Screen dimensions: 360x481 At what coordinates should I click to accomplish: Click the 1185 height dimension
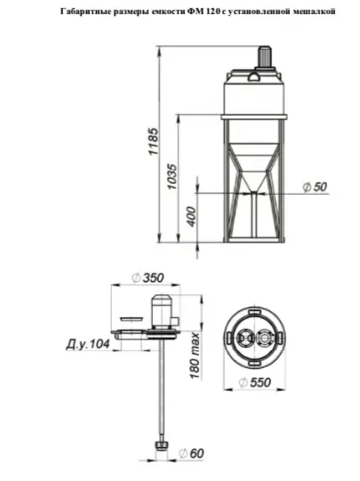coord(154,141)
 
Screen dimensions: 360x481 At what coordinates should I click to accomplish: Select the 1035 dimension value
coord(172,177)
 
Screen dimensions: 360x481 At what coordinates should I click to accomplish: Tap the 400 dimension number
coord(191,217)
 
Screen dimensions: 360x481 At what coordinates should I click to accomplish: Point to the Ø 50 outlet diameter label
coord(315,187)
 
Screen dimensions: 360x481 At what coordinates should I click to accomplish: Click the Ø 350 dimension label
coord(148,278)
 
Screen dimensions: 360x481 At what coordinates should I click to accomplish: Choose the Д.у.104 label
coord(88,344)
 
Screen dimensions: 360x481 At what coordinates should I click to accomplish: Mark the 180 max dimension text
coord(195,356)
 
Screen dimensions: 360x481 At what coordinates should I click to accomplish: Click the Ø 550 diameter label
coord(255,382)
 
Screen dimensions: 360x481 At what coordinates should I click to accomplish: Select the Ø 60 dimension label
coord(191,453)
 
